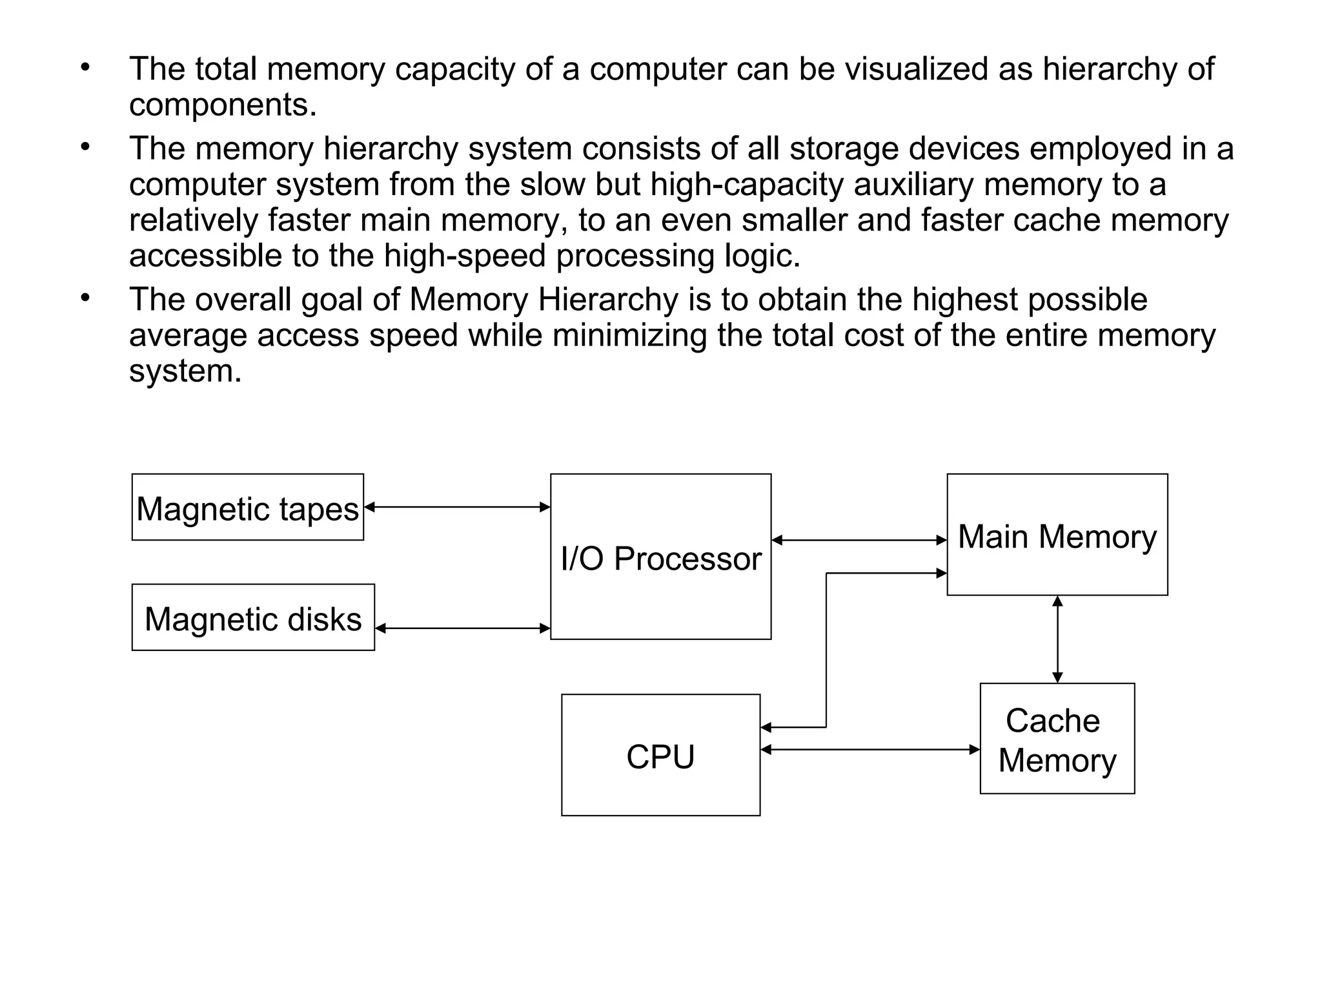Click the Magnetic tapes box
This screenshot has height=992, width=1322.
point(247,508)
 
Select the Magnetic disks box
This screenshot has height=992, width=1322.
point(253,618)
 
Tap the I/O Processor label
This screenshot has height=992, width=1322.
point(660,559)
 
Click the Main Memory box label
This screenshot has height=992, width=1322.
point(1057,537)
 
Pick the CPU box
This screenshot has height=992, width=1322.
point(660,756)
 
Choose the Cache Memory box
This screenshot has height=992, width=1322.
point(1057,739)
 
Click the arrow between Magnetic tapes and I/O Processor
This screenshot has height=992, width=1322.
point(457,508)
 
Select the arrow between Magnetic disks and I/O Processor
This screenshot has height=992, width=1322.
point(462,628)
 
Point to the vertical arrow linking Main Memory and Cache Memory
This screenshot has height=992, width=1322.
point(1057,639)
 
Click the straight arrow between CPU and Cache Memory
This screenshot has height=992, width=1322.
point(870,750)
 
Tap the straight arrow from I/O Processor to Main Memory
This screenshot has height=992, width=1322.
point(859,541)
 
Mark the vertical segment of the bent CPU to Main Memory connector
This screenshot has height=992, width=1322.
point(826,649)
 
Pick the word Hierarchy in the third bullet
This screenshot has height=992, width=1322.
point(608,300)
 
